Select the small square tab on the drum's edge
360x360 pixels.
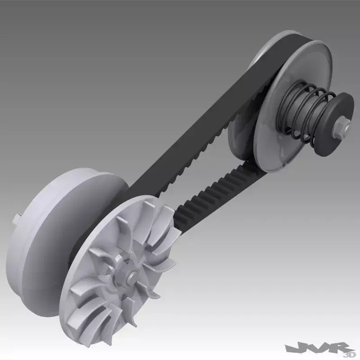(17, 219)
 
